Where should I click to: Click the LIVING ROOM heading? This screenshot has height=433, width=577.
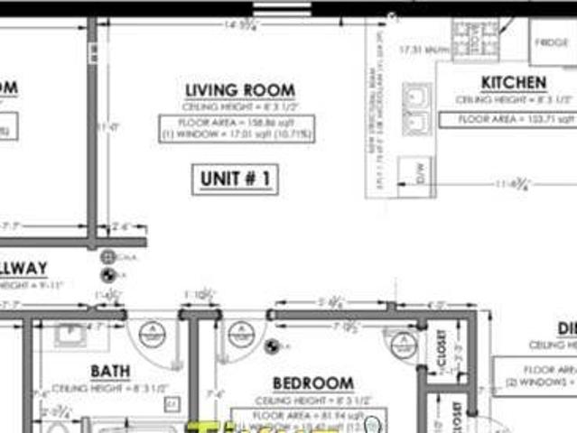click(239, 90)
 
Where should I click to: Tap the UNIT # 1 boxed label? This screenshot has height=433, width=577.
click(234, 179)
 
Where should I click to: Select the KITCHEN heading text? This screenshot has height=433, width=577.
click(513, 83)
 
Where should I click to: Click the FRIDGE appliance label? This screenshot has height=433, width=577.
click(551, 42)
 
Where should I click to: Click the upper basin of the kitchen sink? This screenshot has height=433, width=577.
click(416, 96)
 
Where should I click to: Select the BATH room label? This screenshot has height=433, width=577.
click(109, 371)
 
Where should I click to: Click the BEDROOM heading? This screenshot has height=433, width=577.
click(312, 382)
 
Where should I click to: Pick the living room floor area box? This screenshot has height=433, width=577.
click(237, 127)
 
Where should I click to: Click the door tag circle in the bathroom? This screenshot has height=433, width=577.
click(151, 334)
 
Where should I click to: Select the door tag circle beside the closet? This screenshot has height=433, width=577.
click(404, 341)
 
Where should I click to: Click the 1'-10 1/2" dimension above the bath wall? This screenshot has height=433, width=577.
click(198, 295)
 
